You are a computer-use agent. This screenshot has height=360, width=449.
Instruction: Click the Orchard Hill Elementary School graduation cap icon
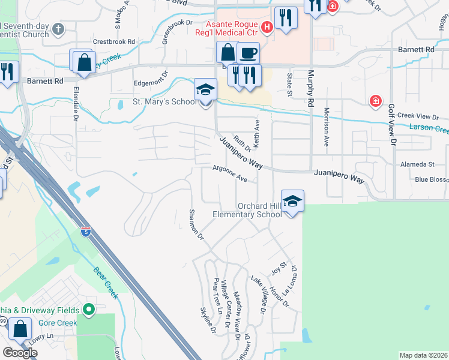point(292,200)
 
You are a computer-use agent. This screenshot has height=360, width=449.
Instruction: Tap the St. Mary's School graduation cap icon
point(205,89)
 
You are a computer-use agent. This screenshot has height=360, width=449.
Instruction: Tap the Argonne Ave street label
point(229,174)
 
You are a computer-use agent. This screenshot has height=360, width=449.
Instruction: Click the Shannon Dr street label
point(197,224)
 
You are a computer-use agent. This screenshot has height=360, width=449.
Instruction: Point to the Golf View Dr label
point(392,125)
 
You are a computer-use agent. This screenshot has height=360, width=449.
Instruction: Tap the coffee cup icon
point(248,53)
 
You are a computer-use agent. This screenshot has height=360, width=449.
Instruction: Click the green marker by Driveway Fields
point(89,310)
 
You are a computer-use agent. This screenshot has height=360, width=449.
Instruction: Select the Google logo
point(19,353)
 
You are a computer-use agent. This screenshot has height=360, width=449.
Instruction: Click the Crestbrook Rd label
point(114,42)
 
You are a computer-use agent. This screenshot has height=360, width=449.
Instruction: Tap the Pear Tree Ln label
point(218,296)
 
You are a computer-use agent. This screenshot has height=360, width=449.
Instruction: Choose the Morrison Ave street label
point(327,127)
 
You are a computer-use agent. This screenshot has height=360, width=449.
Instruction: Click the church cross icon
point(58,29)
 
